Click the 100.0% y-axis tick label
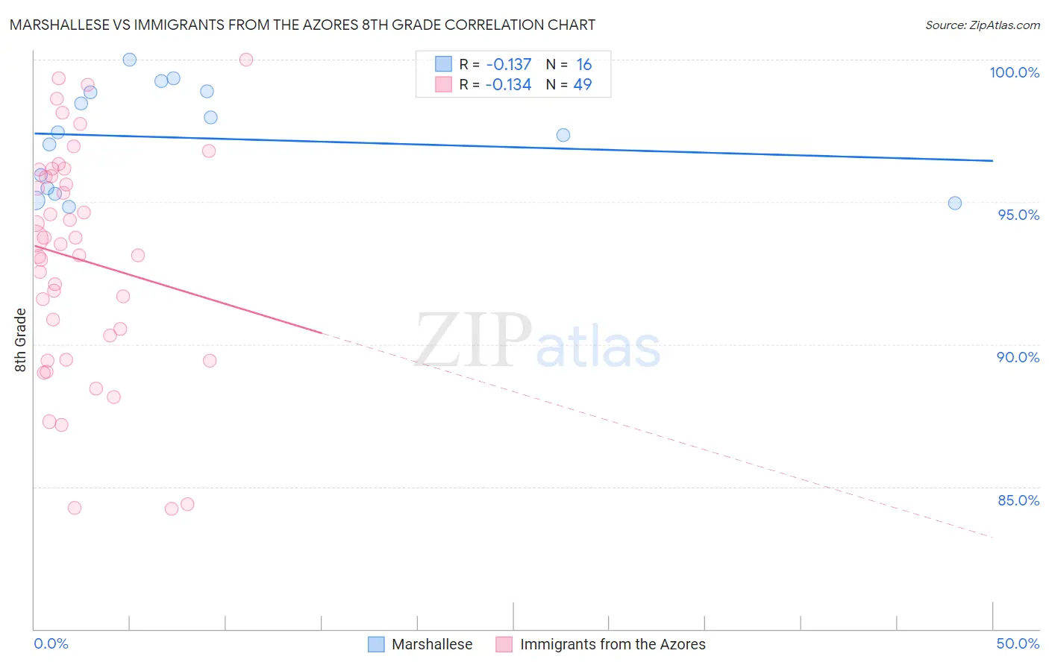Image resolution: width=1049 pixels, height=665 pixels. pyautogui.click(x=1014, y=72)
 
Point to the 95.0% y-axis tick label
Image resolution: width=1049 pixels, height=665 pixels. pyautogui.click(x=1018, y=215)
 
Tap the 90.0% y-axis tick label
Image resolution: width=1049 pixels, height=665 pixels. pyautogui.click(x=1018, y=357)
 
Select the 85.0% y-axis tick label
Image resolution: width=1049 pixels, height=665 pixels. pyautogui.click(x=1018, y=500)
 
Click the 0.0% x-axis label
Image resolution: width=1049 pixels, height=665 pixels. pyautogui.click(x=51, y=643)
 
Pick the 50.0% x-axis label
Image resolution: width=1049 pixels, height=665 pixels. pyautogui.click(x=1018, y=643)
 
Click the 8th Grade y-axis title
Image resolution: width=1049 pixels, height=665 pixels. pyautogui.click(x=21, y=340)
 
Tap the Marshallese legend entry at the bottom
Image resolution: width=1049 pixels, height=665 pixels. pyautogui.click(x=421, y=644)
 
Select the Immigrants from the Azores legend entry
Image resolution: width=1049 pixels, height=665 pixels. pyautogui.click(x=601, y=644)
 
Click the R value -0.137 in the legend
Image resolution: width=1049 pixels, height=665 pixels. pyautogui.click(x=509, y=65)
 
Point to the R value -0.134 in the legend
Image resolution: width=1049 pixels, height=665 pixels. pyautogui.click(x=508, y=85)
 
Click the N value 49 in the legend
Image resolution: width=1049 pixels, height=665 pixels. pyautogui.click(x=582, y=85)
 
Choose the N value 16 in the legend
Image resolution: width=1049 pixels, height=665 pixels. pyautogui.click(x=583, y=65)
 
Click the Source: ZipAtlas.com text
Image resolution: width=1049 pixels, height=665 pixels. pyautogui.click(x=982, y=25)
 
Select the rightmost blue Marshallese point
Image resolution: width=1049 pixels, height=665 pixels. pyautogui.click(x=954, y=203)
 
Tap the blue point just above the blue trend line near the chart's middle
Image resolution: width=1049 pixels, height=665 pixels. pyautogui.click(x=563, y=135)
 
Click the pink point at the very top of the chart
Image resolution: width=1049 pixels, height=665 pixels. pyautogui.click(x=246, y=60)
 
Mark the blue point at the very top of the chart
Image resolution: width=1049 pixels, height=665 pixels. pyautogui.click(x=129, y=60)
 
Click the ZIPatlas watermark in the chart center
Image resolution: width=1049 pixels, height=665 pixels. pyautogui.click(x=537, y=342)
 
